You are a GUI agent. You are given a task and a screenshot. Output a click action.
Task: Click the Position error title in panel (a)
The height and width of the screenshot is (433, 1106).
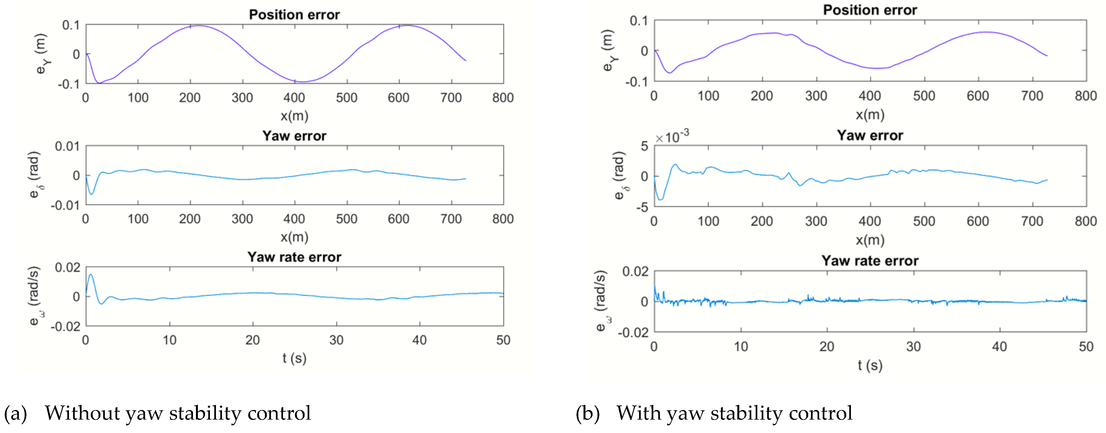pos(294,14)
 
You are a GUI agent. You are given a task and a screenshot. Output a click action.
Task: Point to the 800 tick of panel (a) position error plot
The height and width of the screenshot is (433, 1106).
pos(503,98)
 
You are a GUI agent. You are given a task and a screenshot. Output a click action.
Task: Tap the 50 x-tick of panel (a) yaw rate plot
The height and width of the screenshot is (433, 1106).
pos(503,340)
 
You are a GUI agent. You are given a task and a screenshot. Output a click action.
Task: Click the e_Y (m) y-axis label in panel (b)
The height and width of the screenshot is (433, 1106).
pos(608,51)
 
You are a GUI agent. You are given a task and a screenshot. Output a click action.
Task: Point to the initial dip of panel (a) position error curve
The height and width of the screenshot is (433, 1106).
pos(99,83)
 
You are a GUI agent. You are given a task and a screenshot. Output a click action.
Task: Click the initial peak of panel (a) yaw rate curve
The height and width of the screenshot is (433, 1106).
pos(91,275)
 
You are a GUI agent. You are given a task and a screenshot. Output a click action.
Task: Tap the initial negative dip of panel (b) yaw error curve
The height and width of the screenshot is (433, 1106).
pos(660,199)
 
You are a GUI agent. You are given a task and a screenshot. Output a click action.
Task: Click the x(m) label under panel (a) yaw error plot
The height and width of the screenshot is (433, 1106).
pos(294,237)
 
